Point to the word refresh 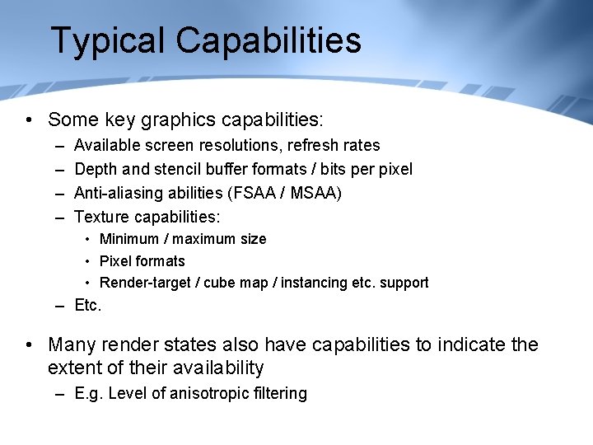click(311, 146)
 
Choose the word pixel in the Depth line click(394, 170)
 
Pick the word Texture click(100, 218)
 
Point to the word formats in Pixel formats click(161, 261)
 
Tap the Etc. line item click(87, 306)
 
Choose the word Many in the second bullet click(73, 344)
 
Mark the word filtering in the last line click(280, 394)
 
